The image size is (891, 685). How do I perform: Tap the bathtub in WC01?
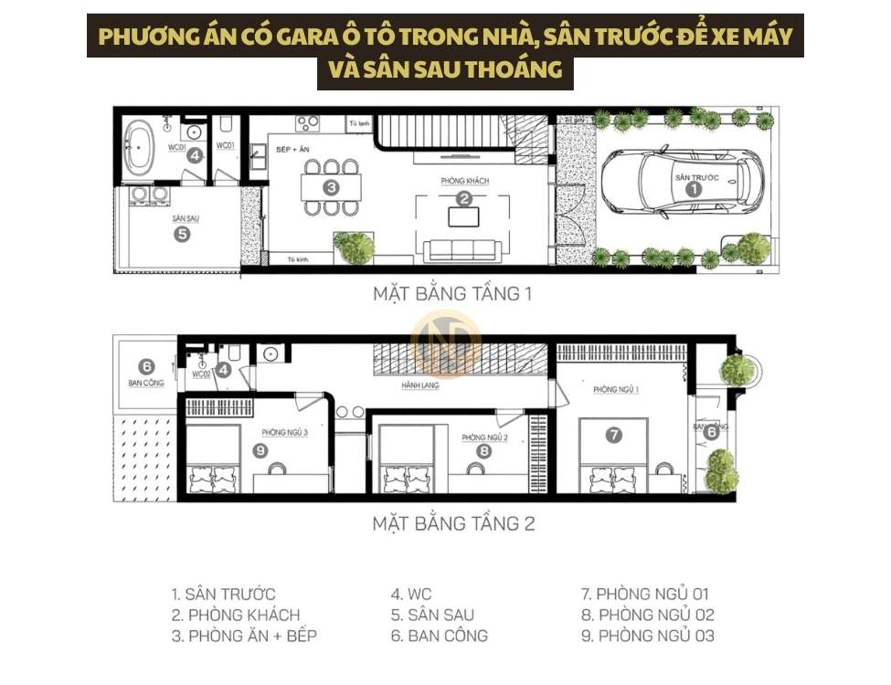(x=142, y=147)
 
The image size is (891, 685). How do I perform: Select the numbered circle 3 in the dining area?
(x=331, y=187)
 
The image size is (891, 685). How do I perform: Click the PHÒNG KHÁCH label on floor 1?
(x=464, y=181)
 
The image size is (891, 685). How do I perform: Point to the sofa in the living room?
(x=460, y=248)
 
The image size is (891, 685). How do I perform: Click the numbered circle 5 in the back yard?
(x=182, y=234)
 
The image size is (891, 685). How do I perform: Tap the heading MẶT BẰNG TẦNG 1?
(x=451, y=295)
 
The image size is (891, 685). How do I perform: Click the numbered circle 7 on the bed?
(x=614, y=436)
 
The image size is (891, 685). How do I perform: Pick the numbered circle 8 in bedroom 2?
(x=483, y=450)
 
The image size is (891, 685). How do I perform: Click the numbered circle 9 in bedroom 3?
(x=260, y=449)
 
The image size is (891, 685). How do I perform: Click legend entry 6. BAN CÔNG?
(x=439, y=636)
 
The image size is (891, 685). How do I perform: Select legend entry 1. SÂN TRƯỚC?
(x=224, y=595)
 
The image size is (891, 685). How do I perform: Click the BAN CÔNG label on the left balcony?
(x=146, y=383)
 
